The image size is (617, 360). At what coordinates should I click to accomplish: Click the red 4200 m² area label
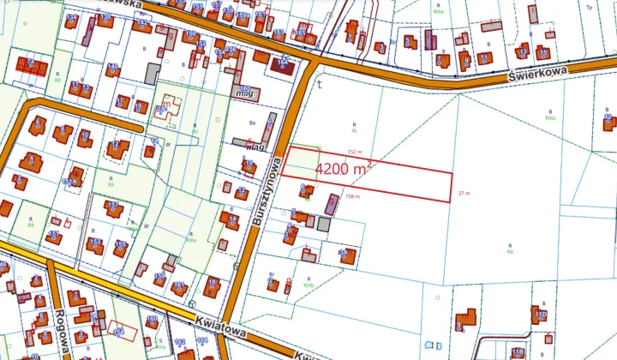pyautogui.click(x=343, y=169)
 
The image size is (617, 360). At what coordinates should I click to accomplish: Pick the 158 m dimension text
pyautogui.click(x=351, y=196)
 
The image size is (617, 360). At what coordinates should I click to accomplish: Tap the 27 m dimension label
pyautogui.click(x=465, y=193)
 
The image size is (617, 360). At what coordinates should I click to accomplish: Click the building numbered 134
pyautogui.click(x=72, y=20)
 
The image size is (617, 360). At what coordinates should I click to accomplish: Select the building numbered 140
pyautogui.click(x=112, y=69)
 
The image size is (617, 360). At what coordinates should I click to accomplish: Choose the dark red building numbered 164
pyautogui.click(x=282, y=63)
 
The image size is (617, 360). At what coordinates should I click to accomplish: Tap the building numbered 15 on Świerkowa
pyautogui.click(x=443, y=59)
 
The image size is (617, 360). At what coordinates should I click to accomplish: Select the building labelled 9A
pyautogui.click(x=347, y=255)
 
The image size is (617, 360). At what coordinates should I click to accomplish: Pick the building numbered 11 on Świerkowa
pyautogui.click(x=486, y=59)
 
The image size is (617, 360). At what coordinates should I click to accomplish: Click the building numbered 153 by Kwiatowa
pyautogui.click(x=96, y=245)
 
